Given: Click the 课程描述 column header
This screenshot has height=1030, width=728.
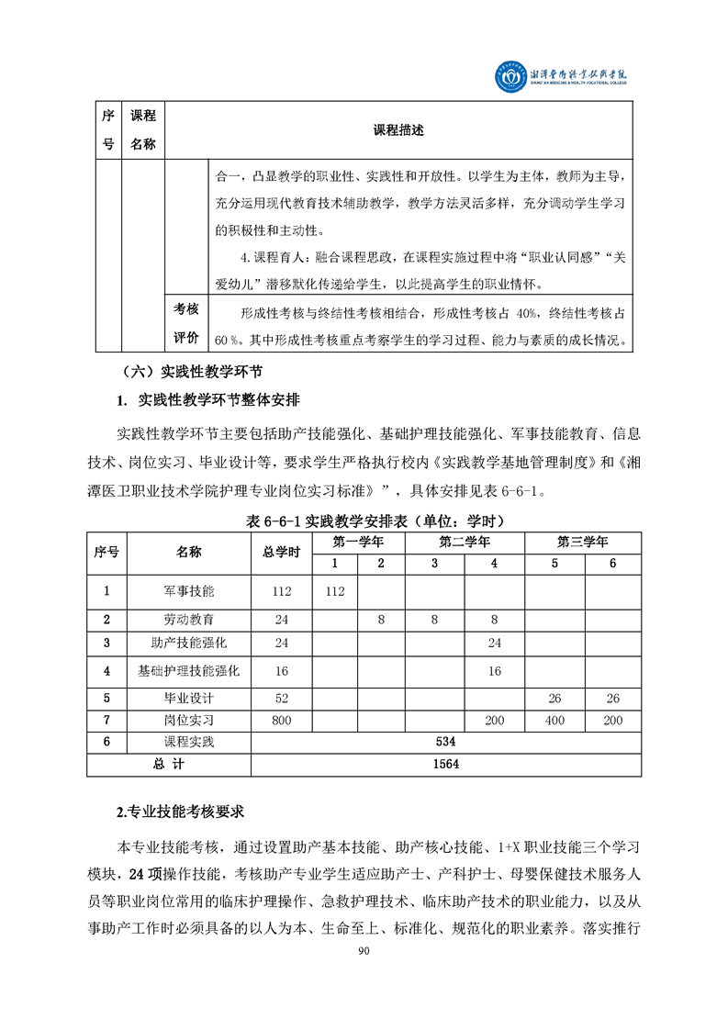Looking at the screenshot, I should [x=398, y=130].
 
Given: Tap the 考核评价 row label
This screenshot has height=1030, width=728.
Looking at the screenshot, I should [x=186, y=323].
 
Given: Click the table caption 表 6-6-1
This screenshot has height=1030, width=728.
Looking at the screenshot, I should [x=375, y=521].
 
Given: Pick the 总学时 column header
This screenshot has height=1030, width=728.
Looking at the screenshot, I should [x=282, y=552].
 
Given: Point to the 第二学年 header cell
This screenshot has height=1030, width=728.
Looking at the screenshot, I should [x=465, y=542].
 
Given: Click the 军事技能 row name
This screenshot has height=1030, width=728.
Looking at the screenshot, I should [x=189, y=591].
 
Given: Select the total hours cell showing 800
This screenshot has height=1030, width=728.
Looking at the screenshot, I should [x=282, y=721].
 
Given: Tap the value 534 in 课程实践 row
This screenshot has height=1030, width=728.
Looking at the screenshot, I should [x=446, y=742].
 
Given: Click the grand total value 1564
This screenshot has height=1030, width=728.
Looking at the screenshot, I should [x=446, y=764].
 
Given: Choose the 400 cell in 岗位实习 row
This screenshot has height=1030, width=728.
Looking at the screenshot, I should [x=554, y=721].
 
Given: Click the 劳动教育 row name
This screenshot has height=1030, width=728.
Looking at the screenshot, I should [x=189, y=620].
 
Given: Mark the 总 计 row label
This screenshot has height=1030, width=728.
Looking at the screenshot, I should [x=169, y=764].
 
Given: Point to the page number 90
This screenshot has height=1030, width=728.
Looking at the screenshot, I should [x=364, y=951].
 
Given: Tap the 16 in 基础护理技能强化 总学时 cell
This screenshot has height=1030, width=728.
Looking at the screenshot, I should [x=282, y=671].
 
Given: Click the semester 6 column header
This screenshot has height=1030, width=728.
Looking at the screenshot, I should [x=612, y=563].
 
